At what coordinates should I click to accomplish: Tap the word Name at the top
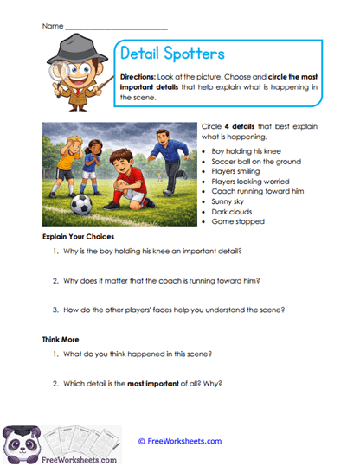tap(52, 27)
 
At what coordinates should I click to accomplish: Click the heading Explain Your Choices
tap(79, 236)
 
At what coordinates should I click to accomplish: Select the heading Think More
tap(61, 340)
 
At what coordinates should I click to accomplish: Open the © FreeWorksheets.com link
tap(180, 440)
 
